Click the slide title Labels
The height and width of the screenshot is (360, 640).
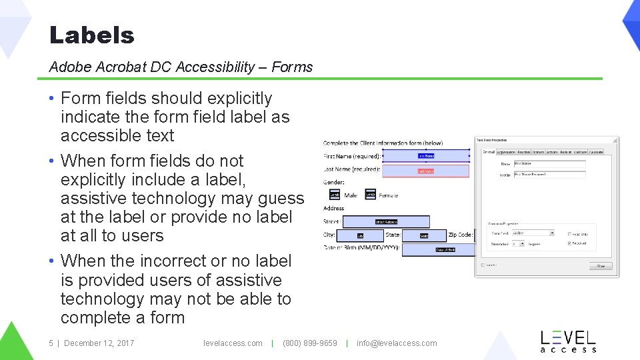tap(92, 35)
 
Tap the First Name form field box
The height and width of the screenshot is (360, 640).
tap(425, 155)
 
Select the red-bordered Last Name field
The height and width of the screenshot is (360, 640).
tap(425, 171)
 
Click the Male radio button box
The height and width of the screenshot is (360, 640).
tap(335, 195)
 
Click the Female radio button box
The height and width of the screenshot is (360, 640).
tap(370, 195)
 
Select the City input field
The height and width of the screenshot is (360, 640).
tap(360, 235)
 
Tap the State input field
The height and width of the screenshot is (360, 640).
tap(423, 235)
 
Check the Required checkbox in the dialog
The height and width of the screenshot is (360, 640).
tap(569, 243)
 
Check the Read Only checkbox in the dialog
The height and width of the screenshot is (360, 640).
tap(569, 233)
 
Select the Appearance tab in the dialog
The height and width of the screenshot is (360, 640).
tap(506, 152)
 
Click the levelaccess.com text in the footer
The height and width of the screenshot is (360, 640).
tap(233, 343)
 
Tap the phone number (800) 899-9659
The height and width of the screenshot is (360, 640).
tap(310, 343)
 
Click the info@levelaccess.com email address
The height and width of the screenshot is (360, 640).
tap(397, 343)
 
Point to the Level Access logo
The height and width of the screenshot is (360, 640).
tap(567, 341)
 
